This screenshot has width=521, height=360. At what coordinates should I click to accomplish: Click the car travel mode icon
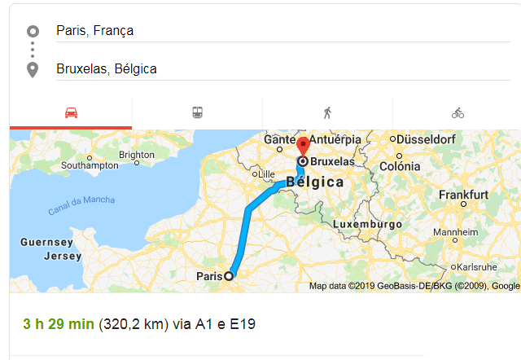pyautogui.click(x=71, y=113)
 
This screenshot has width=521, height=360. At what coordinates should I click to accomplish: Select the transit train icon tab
pyautogui.click(x=198, y=113)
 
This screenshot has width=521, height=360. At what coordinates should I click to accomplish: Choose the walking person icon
pyautogui.click(x=327, y=113)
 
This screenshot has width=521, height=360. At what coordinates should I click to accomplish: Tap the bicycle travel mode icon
pyautogui.click(x=458, y=113)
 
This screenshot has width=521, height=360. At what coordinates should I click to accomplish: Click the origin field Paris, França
pyautogui.click(x=94, y=31)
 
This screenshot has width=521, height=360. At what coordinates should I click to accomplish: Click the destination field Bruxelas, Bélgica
pyautogui.click(x=106, y=69)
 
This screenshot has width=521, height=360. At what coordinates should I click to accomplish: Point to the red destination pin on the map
pyautogui.click(x=303, y=147)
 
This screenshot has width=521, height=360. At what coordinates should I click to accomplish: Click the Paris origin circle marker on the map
pyautogui.click(x=229, y=276)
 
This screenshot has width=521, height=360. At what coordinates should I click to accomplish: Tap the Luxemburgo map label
pyautogui.click(x=369, y=223)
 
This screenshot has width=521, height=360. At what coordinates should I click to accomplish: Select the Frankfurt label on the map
pyautogui.click(x=463, y=195)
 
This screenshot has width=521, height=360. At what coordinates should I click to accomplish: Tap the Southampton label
pyautogui.click(x=90, y=165)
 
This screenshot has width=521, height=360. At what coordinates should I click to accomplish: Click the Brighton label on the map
pyautogui.click(x=136, y=155)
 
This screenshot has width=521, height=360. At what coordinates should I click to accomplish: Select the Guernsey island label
pyautogui.click(x=47, y=243)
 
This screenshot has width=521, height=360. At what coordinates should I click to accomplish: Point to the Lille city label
pyautogui.click(x=266, y=174)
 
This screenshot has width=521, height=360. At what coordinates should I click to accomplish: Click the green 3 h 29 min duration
pyautogui.click(x=58, y=324)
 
